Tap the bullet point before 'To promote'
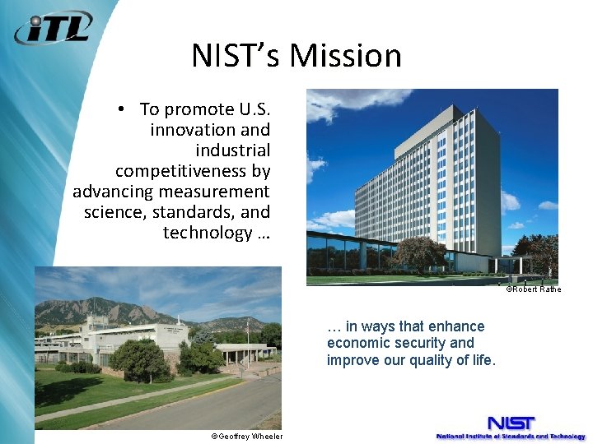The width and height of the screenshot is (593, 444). coord(120,109)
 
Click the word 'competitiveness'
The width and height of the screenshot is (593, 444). coord(193,171)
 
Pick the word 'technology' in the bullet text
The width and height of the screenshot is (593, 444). coord(207,233)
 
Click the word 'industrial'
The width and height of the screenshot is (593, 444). coord(232,150)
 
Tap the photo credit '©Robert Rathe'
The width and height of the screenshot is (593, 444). coord(533,289)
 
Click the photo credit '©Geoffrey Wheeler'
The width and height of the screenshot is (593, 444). coord(246,437)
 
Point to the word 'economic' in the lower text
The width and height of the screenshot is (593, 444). coord(356,343)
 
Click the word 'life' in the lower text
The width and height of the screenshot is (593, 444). coord(482,359)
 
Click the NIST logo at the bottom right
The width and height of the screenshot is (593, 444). coord(510,426)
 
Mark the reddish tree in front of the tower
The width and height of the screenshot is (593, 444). coord(419,253)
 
